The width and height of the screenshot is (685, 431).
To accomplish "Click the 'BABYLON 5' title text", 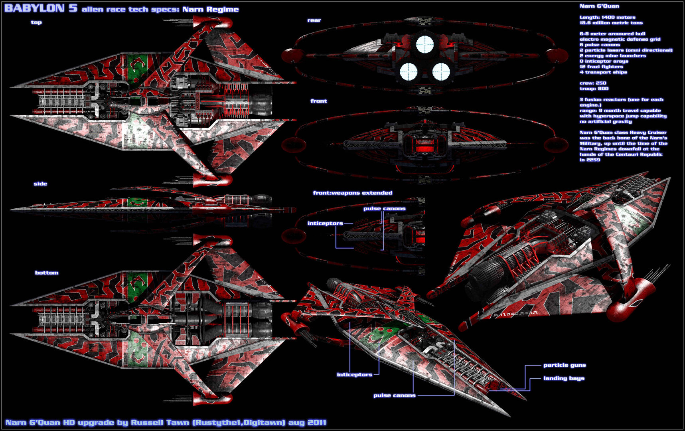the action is [x=41, y=8].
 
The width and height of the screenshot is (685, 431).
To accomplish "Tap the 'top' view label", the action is [x=36, y=22].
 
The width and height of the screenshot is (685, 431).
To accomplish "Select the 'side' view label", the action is [x=40, y=184].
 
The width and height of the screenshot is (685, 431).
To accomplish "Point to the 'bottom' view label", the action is [x=47, y=273].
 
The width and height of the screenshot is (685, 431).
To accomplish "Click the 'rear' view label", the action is [x=314, y=20].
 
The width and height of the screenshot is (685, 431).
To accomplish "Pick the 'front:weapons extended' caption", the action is [x=353, y=193].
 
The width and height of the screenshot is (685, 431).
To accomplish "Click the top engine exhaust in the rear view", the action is [x=424, y=44].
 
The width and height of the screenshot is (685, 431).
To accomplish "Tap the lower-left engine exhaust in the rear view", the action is [x=409, y=71].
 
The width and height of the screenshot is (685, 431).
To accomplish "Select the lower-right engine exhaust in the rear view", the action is [x=441, y=71].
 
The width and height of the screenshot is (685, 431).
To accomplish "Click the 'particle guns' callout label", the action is [x=565, y=365].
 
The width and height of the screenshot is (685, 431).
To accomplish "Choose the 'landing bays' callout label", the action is [x=564, y=378].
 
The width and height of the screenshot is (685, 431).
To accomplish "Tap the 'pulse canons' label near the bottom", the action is [x=395, y=395].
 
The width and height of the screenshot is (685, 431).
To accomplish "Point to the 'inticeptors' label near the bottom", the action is [x=355, y=375].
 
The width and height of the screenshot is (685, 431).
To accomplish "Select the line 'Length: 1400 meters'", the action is [x=608, y=18].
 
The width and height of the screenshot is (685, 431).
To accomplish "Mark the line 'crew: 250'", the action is [x=593, y=83].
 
